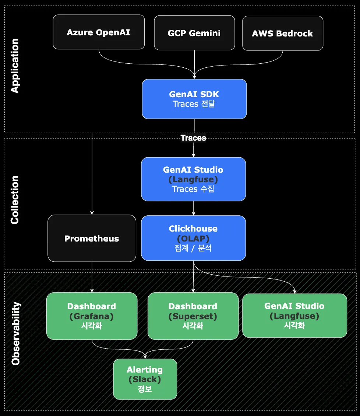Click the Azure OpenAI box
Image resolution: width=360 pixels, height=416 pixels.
click(x=99, y=32)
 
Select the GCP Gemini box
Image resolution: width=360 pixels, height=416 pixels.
click(x=194, y=33)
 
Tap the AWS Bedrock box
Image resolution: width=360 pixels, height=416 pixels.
click(x=282, y=33)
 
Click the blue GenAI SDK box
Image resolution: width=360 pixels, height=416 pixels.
click(x=194, y=99)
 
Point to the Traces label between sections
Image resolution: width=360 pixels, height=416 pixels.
click(x=193, y=138)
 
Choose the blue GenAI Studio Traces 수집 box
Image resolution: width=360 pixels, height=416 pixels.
click(x=193, y=179)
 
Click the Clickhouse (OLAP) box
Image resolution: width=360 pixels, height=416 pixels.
click(x=193, y=238)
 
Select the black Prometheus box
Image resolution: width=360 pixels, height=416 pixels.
click(x=92, y=238)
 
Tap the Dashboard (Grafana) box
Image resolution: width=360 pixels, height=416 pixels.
click(x=92, y=316)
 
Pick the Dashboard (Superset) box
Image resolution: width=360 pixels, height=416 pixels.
click(x=193, y=316)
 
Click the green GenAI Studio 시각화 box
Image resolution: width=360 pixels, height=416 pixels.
click(x=294, y=315)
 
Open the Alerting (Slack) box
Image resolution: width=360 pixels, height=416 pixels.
click(x=145, y=379)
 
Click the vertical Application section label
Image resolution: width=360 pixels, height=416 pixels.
click(x=15, y=66)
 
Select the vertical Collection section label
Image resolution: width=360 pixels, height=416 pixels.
click(x=15, y=200)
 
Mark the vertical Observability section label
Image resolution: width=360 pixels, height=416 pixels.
click(x=15, y=334)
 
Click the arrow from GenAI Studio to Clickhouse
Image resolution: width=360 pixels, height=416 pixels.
click(x=194, y=208)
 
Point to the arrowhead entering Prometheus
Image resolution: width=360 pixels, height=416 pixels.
click(x=92, y=213)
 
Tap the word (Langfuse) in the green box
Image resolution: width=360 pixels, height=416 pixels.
click(x=294, y=316)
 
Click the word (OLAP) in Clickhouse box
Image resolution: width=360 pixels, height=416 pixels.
click(x=193, y=239)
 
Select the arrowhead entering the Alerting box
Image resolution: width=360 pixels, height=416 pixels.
click(x=145, y=357)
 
